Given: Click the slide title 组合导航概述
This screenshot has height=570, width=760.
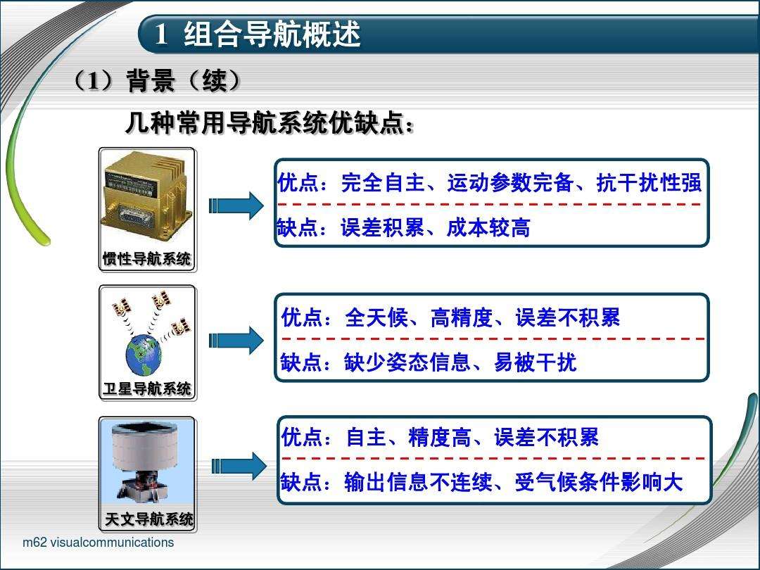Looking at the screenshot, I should point(272,34).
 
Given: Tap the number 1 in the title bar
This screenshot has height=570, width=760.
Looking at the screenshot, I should point(161,34).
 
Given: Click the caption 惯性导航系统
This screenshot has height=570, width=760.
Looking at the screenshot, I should point(146,259).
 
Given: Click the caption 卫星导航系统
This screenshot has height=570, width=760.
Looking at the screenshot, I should point(147,388).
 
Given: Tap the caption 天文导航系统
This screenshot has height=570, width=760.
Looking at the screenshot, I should point(148,520).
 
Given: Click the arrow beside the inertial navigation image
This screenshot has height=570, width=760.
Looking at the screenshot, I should point(236,205).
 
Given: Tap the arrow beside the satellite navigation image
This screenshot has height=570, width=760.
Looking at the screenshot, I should point(236,341).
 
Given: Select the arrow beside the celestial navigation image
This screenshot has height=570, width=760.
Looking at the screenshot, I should point(239,466).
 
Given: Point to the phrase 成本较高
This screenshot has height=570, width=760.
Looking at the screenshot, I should point(488,228).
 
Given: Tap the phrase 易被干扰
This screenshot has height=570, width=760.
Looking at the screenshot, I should point(535,362).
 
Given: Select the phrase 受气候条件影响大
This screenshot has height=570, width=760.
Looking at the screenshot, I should point(599,483).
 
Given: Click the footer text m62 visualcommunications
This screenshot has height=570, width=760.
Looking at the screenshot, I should point(98,543).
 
